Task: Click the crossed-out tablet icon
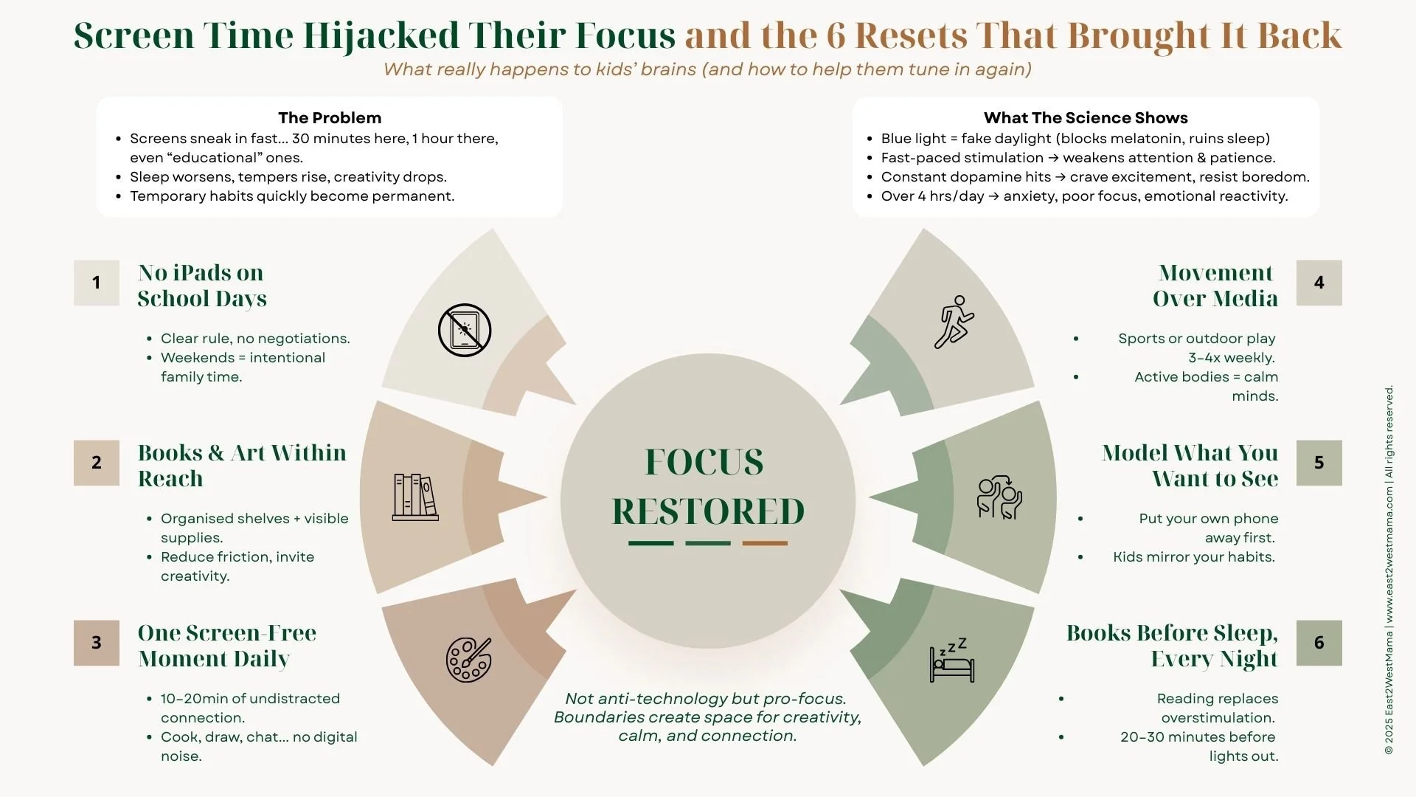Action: [x=465, y=331]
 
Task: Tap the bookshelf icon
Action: [x=415, y=497]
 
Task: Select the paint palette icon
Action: [x=468, y=659]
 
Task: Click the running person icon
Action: [x=954, y=322]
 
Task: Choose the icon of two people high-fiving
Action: [x=999, y=497]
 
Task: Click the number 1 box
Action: [x=96, y=283]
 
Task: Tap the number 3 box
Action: [x=96, y=643]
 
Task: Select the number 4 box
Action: [x=1319, y=283]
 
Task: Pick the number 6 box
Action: [x=1319, y=643]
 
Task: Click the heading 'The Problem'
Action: [x=330, y=118]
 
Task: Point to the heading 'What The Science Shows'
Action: [x=1086, y=118]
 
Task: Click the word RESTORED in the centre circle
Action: [x=708, y=511]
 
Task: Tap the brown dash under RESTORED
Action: [x=765, y=543]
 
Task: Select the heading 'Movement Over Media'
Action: [x=1215, y=286]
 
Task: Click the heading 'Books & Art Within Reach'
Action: [x=242, y=466]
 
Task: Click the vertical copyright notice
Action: [x=1389, y=568]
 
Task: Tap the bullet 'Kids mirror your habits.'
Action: [x=1194, y=557]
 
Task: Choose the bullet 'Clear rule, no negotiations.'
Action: [x=255, y=339]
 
